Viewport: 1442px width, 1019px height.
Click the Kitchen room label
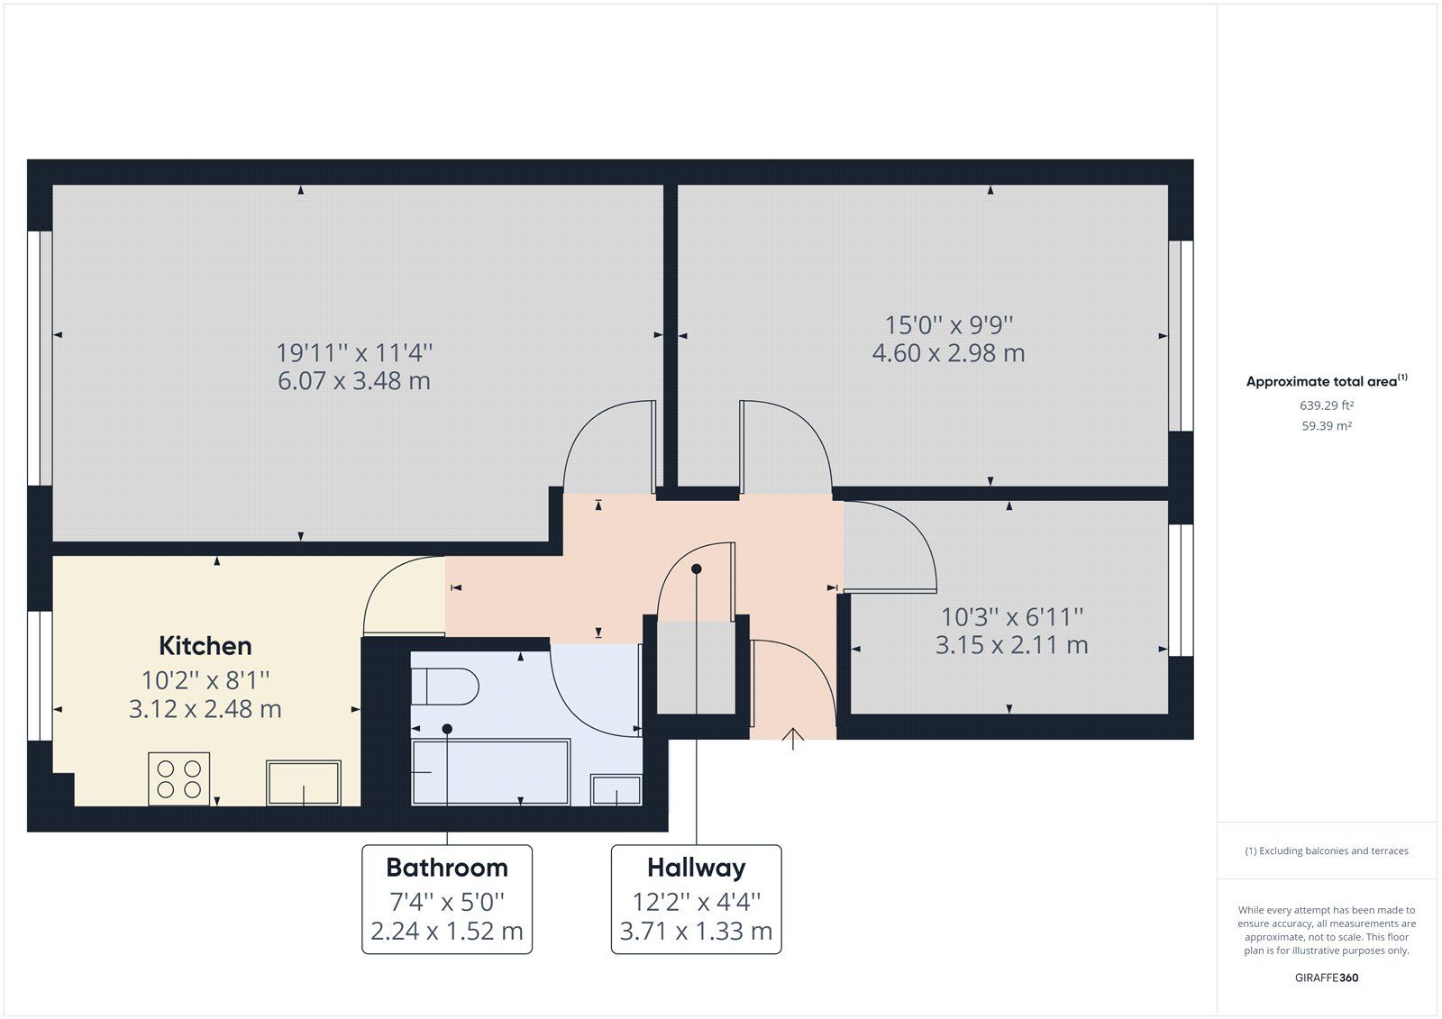[205, 646]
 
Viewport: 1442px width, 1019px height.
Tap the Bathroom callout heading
[447, 868]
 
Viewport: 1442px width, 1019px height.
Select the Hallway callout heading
[696, 868]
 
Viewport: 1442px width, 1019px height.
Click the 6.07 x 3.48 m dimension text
[354, 381]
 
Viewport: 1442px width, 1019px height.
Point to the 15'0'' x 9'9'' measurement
[949, 324]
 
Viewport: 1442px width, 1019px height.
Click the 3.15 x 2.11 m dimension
[1011, 645]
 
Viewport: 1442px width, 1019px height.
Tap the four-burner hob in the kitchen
[178, 778]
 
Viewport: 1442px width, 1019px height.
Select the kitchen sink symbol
[304, 782]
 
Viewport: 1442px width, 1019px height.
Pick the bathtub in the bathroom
[490, 772]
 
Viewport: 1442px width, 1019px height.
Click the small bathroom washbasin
[616, 789]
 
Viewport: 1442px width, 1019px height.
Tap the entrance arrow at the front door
[792, 738]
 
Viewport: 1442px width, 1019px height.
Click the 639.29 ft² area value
[1327, 405]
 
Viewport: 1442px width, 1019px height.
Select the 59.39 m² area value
[1327, 426]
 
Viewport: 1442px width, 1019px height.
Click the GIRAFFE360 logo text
[1327, 978]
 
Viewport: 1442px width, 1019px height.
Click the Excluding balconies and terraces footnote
[1327, 851]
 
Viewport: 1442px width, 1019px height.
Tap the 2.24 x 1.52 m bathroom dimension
[447, 931]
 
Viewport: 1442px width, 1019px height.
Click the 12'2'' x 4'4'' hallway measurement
[696, 901]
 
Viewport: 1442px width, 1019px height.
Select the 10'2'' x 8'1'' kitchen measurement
[205, 679]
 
